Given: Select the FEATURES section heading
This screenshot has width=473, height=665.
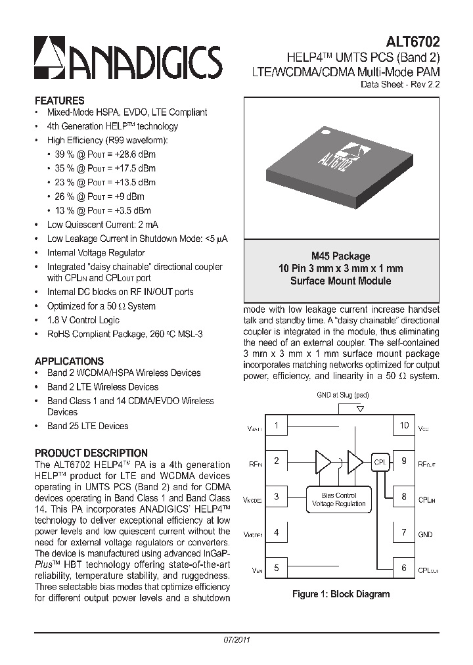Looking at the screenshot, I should coord(59,101).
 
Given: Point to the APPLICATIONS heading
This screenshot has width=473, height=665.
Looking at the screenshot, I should coord(69,361).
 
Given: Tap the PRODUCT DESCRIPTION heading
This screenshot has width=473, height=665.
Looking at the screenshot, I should coord(91,453).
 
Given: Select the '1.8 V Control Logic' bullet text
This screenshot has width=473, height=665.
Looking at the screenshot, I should coord(83,320).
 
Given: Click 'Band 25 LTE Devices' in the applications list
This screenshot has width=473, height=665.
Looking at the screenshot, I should coord(87,426).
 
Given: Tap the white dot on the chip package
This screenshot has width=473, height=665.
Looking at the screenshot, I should coord(324,132).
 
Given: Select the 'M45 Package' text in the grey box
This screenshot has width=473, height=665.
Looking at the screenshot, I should coord(340,256).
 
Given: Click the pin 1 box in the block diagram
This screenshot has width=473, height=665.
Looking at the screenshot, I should coord(277,425).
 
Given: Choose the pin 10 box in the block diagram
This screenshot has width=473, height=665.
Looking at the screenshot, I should coord(404,425).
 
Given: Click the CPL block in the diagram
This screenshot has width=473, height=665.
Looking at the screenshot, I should coord(380,461).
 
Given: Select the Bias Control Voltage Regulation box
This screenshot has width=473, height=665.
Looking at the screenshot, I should coord(338,499).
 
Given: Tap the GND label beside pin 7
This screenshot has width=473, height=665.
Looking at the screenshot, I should coord(425,534).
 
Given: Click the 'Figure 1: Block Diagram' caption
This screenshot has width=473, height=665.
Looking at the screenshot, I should coord(340,594).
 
